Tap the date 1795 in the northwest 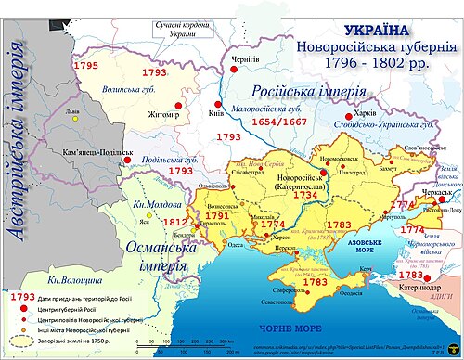[86, 67]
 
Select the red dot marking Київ [217, 104]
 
